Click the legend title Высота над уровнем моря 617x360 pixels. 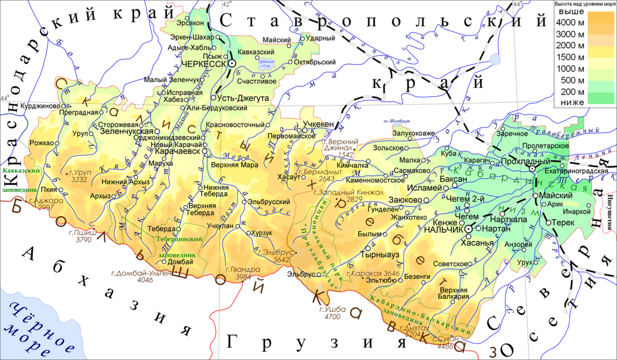coord(585,4)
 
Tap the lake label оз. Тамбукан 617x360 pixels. coord(396,121)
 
